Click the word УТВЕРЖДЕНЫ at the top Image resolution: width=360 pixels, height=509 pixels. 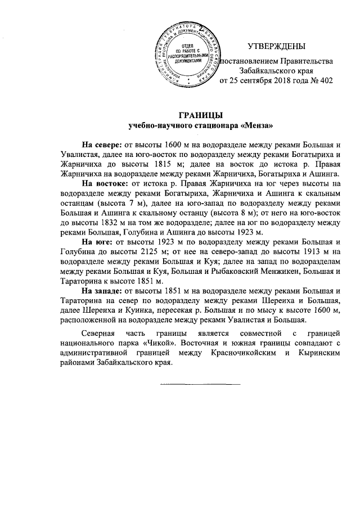(x=277, y=46)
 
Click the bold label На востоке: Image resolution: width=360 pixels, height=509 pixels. (x=105, y=183)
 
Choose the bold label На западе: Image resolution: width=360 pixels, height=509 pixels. (x=101, y=291)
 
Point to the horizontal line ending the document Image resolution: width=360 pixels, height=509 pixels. (x=200, y=384)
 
